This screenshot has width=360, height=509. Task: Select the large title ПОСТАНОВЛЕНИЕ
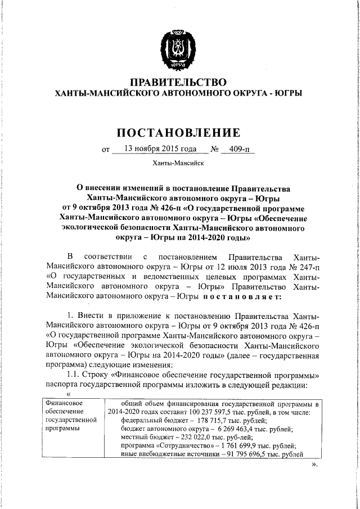[178, 133]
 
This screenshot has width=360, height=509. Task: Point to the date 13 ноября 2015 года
[155, 150]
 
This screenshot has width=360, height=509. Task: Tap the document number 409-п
[235, 150]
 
